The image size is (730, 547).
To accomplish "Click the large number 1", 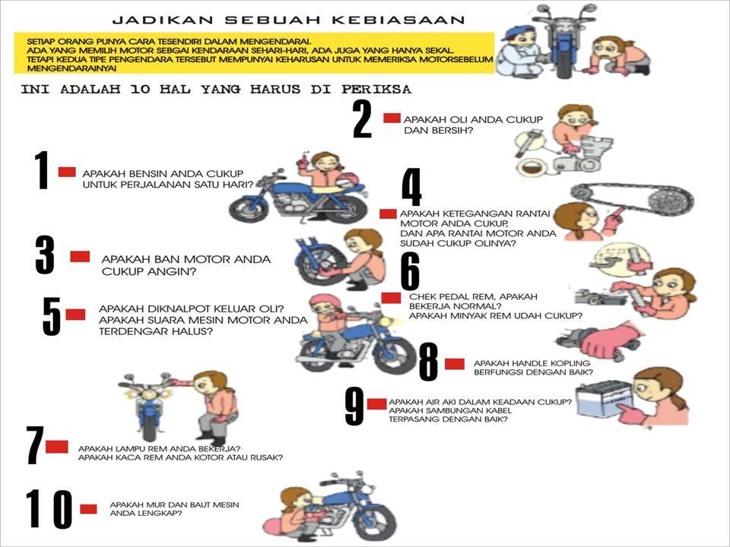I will [42, 170].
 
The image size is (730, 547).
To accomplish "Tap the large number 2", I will [363, 119].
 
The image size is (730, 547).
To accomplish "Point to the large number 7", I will [35, 446].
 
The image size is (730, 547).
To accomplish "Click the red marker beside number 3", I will [80, 257].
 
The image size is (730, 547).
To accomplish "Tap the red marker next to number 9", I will [376, 403].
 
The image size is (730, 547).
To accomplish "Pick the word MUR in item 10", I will [157, 504].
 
